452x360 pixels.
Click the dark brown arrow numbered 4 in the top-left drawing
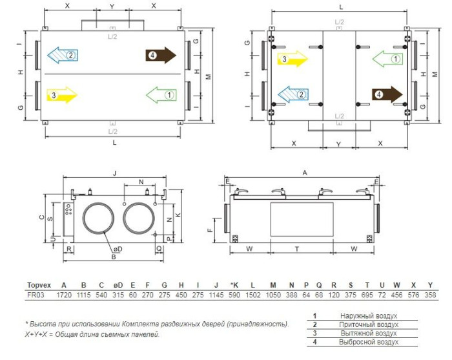point(161,55)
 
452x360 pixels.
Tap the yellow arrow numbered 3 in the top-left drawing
point(62,95)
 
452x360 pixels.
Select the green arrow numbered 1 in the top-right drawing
point(387,59)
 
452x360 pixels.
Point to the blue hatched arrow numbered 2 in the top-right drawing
point(293,94)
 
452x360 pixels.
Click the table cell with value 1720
point(64,295)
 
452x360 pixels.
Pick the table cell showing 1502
point(253,295)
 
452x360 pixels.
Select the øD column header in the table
point(118,285)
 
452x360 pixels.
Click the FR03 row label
point(36,295)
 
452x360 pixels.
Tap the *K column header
point(234,285)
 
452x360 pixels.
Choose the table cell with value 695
point(367,295)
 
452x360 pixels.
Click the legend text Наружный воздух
point(369,316)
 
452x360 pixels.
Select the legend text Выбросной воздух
point(369,342)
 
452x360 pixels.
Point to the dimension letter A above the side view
point(305,173)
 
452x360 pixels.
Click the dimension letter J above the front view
point(115,173)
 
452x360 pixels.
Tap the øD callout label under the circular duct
point(118,249)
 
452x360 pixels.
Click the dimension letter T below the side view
point(297,249)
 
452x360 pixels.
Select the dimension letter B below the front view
point(114,257)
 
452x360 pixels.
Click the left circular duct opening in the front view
point(98,218)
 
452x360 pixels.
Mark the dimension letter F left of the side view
point(210,230)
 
